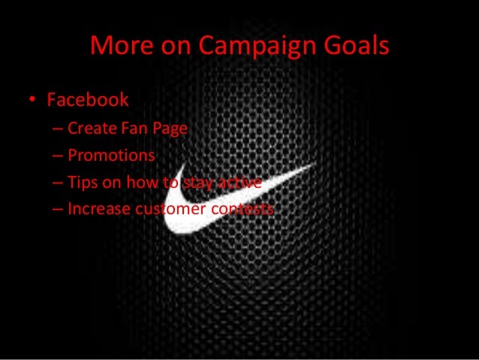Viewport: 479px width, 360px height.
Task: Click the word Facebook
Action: coord(88,99)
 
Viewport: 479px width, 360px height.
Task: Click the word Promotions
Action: coord(111,156)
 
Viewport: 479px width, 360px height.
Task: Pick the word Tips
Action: coord(82,183)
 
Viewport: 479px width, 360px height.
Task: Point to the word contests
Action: coord(243,210)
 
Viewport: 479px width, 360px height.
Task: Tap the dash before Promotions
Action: coord(58,156)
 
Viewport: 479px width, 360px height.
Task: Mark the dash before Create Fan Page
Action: coord(58,129)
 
